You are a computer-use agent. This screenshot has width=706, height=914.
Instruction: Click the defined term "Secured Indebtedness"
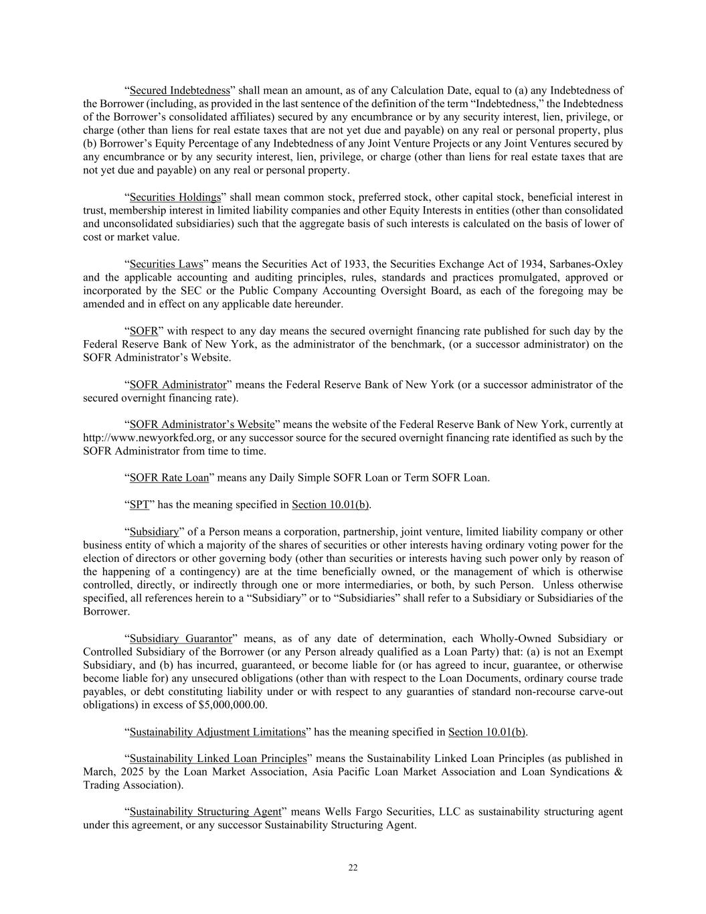coord(179,90)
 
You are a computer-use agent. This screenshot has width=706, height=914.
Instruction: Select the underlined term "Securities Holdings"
coord(175,197)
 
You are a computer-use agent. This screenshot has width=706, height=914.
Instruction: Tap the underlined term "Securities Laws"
coord(166,264)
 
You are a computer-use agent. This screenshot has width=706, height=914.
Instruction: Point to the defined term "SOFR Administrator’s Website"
coord(201,425)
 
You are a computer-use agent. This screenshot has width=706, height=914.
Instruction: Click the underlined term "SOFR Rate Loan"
coord(169,478)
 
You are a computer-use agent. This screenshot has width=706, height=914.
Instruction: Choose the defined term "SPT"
coord(139,505)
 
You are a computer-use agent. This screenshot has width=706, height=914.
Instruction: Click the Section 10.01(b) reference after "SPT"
coord(331,505)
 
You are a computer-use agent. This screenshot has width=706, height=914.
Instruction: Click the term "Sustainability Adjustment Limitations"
coord(217,732)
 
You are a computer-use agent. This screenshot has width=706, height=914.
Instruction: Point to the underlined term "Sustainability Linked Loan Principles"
coord(217,759)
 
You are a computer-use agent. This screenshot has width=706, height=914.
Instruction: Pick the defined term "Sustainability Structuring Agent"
coord(205,812)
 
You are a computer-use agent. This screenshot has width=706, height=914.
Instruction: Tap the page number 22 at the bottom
coord(353,868)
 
